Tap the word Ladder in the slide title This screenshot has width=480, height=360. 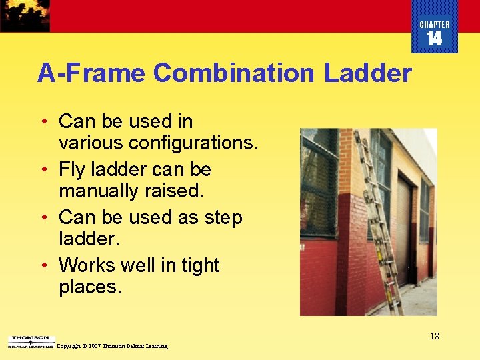[x=368, y=73]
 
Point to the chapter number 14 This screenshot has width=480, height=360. [x=434, y=39]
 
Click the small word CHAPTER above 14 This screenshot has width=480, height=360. [x=434, y=25]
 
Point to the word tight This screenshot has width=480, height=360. [x=196, y=265]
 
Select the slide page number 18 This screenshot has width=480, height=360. [x=434, y=336]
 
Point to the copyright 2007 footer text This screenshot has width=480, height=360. [x=112, y=346]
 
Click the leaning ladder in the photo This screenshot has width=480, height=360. [x=376, y=220]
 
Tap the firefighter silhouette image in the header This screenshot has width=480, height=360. [x=25, y=15]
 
